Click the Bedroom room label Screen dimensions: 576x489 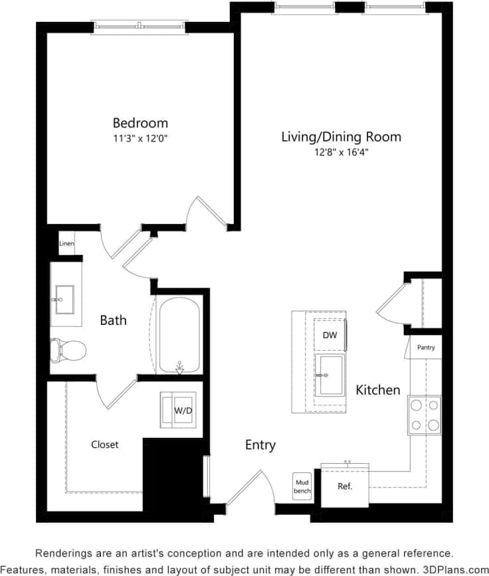point(140,123)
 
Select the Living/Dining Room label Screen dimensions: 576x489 point(341,137)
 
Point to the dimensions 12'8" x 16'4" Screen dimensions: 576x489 point(341,152)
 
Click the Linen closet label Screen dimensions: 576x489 point(66,244)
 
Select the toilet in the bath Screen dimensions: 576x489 point(68,348)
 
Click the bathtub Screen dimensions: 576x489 point(179,334)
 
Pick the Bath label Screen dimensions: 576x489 point(113,320)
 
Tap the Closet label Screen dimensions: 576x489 point(104,444)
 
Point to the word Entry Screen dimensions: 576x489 point(260,445)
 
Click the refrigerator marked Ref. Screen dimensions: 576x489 point(344,486)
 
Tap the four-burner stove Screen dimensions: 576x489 point(424,415)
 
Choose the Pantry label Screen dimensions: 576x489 point(425,347)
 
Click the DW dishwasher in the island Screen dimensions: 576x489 point(330,336)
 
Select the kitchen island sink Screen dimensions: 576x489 point(329,375)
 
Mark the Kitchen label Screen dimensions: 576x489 point(377,390)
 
